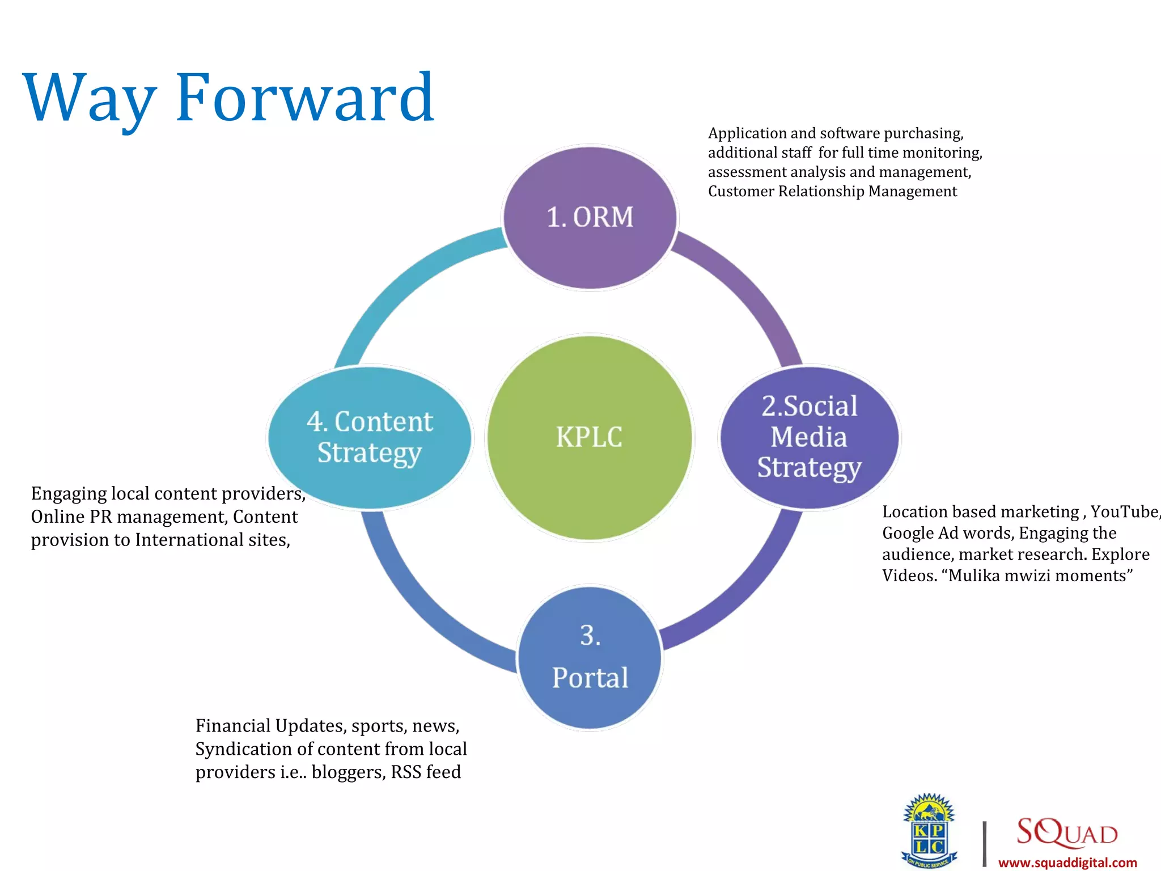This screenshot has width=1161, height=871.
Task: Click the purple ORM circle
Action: (590, 218)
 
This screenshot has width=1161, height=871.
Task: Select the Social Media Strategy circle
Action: (809, 437)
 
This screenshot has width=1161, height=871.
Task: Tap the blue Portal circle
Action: (590, 658)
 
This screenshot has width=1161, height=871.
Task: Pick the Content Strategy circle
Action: (370, 437)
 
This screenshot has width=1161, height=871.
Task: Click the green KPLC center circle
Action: (590, 437)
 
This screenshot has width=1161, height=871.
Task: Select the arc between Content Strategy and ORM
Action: (408, 278)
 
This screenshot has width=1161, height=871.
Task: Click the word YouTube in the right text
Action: (1124, 512)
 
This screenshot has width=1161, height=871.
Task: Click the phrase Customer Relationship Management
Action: (832, 192)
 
